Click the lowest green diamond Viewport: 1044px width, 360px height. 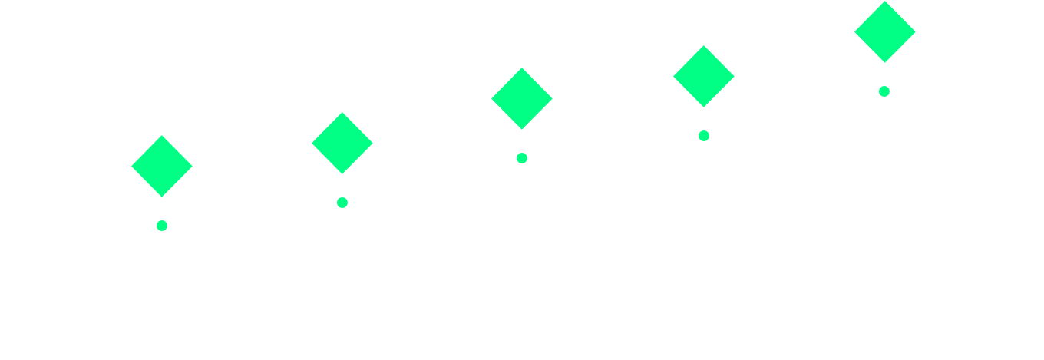coord(162,166)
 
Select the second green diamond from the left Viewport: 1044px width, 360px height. coord(342,143)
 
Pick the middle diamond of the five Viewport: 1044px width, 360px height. coord(522,98)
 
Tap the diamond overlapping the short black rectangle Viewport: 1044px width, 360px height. coord(704,76)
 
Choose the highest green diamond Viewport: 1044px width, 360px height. coord(885,31)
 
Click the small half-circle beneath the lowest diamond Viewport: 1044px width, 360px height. coord(161,224)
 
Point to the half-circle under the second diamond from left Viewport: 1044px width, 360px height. coord(342,201)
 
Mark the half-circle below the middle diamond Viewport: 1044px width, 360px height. coord(521,157)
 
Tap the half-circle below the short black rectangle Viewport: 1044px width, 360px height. coord(703,134)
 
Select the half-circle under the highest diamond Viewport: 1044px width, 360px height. coord(884,90)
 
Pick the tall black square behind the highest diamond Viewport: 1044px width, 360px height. coord(867,54)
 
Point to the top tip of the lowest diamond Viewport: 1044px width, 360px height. coord(162,136)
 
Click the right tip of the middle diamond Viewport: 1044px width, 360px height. coord(552,98)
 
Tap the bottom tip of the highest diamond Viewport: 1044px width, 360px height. coord(885,62)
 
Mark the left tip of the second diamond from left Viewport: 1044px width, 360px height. coord(312,143)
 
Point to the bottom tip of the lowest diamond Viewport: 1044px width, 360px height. coord(162,197)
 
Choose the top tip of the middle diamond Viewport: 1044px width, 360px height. coord(522,68)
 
